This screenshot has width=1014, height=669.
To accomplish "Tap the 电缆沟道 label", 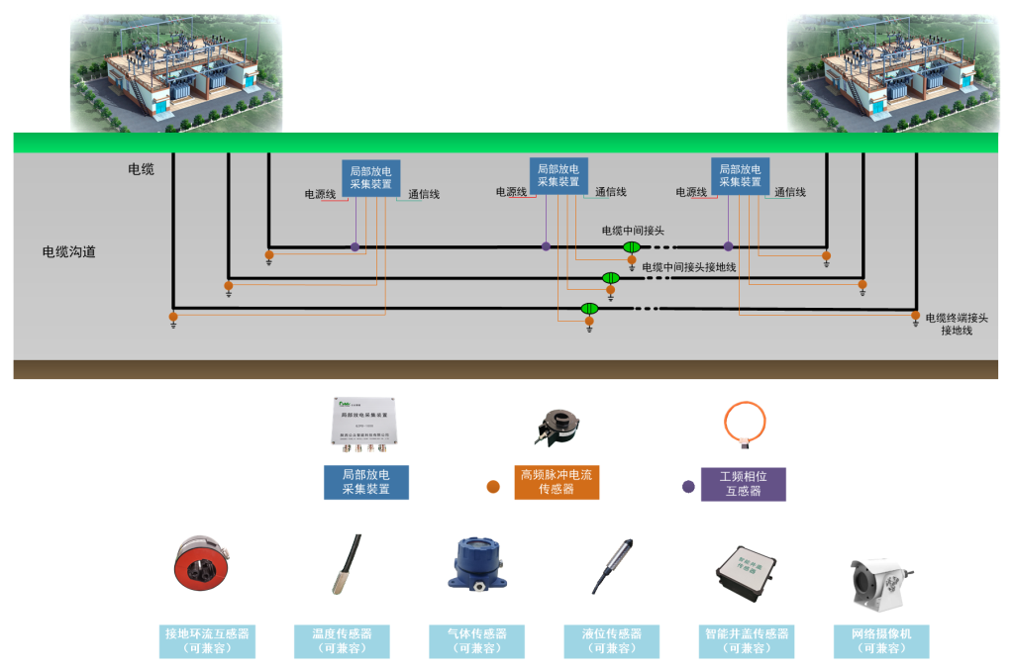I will coord(69,252).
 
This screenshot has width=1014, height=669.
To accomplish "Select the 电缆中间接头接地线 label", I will coord(688,268).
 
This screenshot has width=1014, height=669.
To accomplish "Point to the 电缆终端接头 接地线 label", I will coord(957,324).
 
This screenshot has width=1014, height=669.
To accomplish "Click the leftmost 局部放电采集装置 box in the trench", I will coord(371,177).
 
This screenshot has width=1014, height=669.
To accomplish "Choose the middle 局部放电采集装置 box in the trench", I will coord(558,175).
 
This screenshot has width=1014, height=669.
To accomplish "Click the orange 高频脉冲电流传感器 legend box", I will coord(557,482).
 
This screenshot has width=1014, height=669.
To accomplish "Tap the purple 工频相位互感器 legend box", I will coord(743,483).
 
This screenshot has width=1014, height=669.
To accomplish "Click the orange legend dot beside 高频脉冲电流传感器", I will coord(492,487).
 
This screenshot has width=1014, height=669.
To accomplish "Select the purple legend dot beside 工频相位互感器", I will coord(688,486).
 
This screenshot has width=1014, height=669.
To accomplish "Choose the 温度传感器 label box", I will coord(342,641).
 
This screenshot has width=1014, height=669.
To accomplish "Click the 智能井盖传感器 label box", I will coord(747,641).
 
